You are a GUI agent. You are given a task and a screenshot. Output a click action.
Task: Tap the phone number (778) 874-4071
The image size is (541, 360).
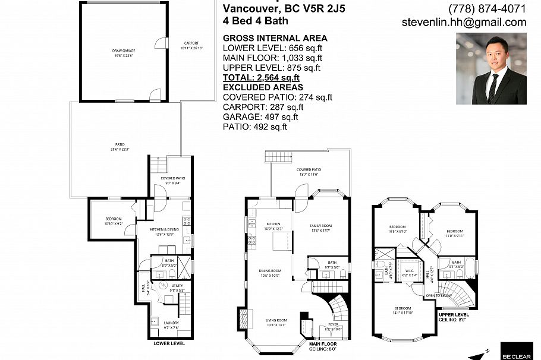click(x=487, y=9)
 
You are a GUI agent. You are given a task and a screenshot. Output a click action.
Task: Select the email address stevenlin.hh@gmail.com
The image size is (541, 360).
click(x=464, y=23)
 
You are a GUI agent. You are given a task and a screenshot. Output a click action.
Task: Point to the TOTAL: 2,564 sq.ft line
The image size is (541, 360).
click(x=260, y=78)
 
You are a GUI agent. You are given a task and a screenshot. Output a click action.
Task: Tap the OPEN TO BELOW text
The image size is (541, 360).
click(x=438, y=295)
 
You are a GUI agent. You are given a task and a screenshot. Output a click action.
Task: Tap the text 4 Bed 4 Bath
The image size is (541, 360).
click(x=255, y=21)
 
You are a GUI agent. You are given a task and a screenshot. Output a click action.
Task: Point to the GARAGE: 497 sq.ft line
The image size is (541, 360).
click(x=260, y=117)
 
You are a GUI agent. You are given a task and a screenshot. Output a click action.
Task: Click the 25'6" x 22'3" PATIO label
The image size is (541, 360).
click(x=120, y=147)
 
